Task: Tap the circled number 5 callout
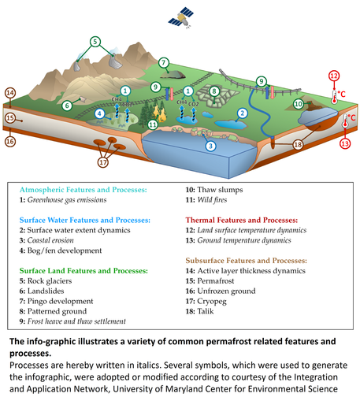point(95,42)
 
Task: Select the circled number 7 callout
point(164,62)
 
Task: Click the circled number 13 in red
point(344,143)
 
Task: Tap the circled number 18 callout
point(297,145)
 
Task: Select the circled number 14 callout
point(10,94)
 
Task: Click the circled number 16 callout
point(10,142)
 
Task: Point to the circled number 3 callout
point(209,146)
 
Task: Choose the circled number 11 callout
point(153,124)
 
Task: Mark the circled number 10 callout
point(299,103)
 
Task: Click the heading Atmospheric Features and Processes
point(87,191)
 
